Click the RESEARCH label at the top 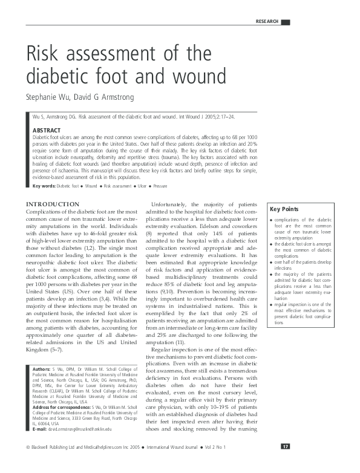click(x=267, y=22)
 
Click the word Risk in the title click(x=44, y=55)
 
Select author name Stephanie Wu click(x=51, y=97)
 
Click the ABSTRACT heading click(x=47, y=130)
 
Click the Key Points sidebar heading click(x=283, y=209)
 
